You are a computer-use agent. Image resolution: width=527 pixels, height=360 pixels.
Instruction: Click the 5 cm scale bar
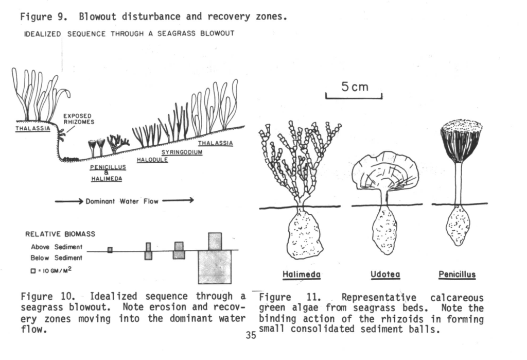(354, 96)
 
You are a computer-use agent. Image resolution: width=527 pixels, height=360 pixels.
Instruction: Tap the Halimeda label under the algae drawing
(302, 275)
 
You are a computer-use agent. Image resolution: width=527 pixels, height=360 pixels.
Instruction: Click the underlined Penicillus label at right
(456, 275)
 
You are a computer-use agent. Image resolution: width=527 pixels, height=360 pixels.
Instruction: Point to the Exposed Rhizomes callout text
(77, 119)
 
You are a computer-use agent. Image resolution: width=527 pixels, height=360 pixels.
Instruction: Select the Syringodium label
(182, 152)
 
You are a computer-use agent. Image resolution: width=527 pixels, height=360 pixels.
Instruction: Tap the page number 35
(251, 335)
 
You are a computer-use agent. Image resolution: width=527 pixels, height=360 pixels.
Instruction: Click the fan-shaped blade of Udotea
(385, 171)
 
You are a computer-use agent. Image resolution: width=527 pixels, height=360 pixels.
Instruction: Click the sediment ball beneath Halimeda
(305, 234)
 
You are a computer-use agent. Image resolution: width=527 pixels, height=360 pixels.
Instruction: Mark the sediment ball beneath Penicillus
(458, 226)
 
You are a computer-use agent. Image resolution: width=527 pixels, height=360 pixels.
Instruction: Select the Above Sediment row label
(56, 247)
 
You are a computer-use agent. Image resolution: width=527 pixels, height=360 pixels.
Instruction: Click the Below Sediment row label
(56, 258)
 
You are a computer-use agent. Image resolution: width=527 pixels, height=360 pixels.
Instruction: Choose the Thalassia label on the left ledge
(33, 129)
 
